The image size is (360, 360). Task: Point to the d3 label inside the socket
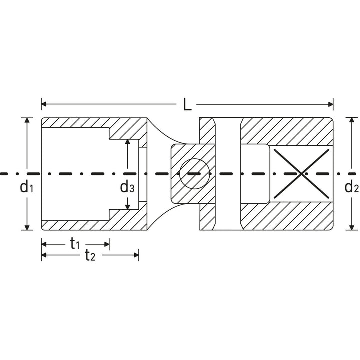pyautogui.click(x=127, y=187)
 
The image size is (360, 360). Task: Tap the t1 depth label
pyautogui.click(x=75, y=244)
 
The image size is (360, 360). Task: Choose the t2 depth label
pyautogui.click(x=90, y=256)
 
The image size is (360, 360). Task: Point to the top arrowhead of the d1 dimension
pyautogui.click(x=26, y=120)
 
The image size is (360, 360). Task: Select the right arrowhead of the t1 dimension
pyautogui.click(x=106, y=244)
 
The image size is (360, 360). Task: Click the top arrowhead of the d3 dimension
pyautogui.click(x=128, y=142)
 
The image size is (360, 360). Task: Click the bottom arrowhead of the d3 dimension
pyautogui.click(x=128, y=206)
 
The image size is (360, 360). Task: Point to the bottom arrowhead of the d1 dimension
pyautogui.click(x=26, y=227)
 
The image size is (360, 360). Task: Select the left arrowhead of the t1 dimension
pyautogui.click(x=44, y=244)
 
